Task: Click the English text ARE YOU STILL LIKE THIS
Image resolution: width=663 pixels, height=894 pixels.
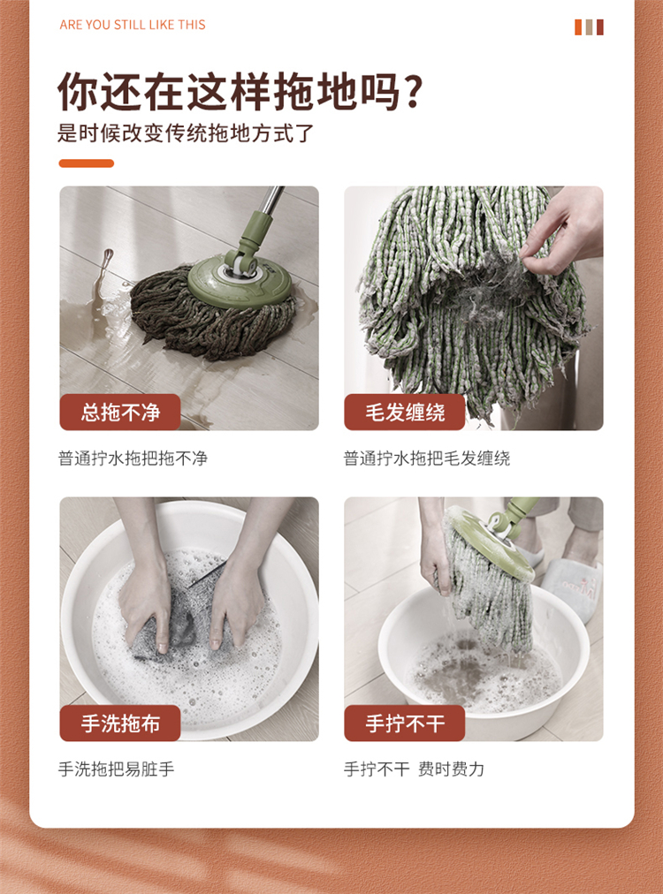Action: [133, 25]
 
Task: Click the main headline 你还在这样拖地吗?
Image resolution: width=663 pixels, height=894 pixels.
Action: [240, 91]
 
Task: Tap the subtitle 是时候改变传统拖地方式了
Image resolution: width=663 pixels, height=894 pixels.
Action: [186, 133]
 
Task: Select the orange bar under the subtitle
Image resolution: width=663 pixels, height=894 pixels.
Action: [86, 163]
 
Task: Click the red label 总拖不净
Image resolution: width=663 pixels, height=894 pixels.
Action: [120, 412]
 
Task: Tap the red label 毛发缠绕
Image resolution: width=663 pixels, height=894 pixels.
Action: [405, 412]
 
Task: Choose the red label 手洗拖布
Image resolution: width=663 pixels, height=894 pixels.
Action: [120, 723]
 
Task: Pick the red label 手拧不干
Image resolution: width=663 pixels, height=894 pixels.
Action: [405, 723]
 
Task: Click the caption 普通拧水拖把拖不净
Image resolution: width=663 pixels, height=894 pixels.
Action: [133, 458]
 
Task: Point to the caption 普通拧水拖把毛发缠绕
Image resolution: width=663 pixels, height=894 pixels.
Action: [427, 458]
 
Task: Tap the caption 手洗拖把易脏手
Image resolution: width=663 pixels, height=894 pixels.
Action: [117, 769]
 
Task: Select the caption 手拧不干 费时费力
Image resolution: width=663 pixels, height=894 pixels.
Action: [415, 769]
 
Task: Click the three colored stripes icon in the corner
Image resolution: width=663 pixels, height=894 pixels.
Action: [589, 27]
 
